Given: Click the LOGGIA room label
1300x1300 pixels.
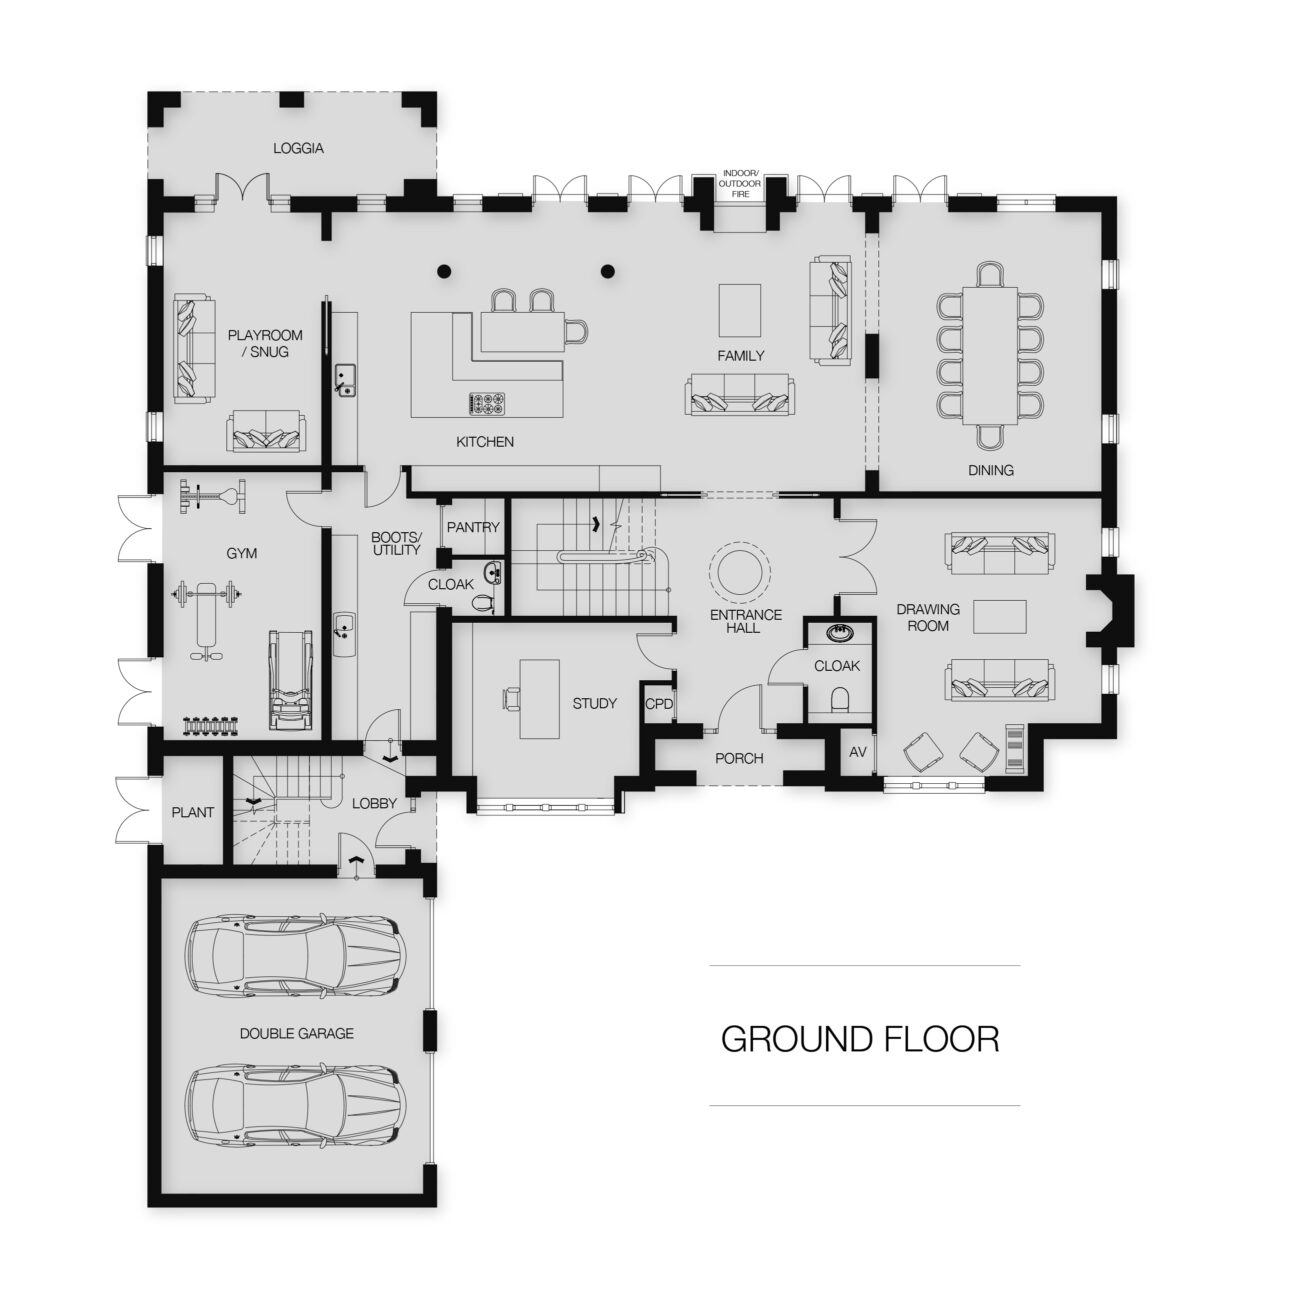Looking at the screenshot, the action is coord(298,148).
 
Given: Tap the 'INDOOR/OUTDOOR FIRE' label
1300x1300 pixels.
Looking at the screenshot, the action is coord(740,183).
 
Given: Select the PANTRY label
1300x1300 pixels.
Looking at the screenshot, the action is coord(473,527).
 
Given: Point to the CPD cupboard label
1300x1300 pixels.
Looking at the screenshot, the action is coord(659,704).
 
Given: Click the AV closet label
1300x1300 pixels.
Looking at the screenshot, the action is coord(857,752).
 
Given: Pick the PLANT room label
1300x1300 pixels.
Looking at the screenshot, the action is coord(192,812).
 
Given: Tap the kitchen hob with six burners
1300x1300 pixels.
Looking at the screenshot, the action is coord(487,403).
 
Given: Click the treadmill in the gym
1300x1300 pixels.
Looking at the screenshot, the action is coord(291,679).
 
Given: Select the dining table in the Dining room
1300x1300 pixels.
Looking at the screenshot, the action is coord(990,356).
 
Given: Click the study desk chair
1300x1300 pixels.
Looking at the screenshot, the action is coord(512,698).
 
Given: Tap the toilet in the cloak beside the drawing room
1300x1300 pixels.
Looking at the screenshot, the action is coord(840,699).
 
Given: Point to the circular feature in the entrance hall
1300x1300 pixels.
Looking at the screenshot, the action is coord(738,574).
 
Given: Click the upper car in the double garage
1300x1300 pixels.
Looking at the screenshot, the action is coord(295,956).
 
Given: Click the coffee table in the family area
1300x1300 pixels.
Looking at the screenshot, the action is coord(740,310).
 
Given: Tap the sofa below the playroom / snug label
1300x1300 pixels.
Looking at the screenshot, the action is coord(265,430).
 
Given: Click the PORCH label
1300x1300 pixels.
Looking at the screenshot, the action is coord(739,758).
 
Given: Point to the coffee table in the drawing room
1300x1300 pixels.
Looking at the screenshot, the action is coord(999,617).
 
